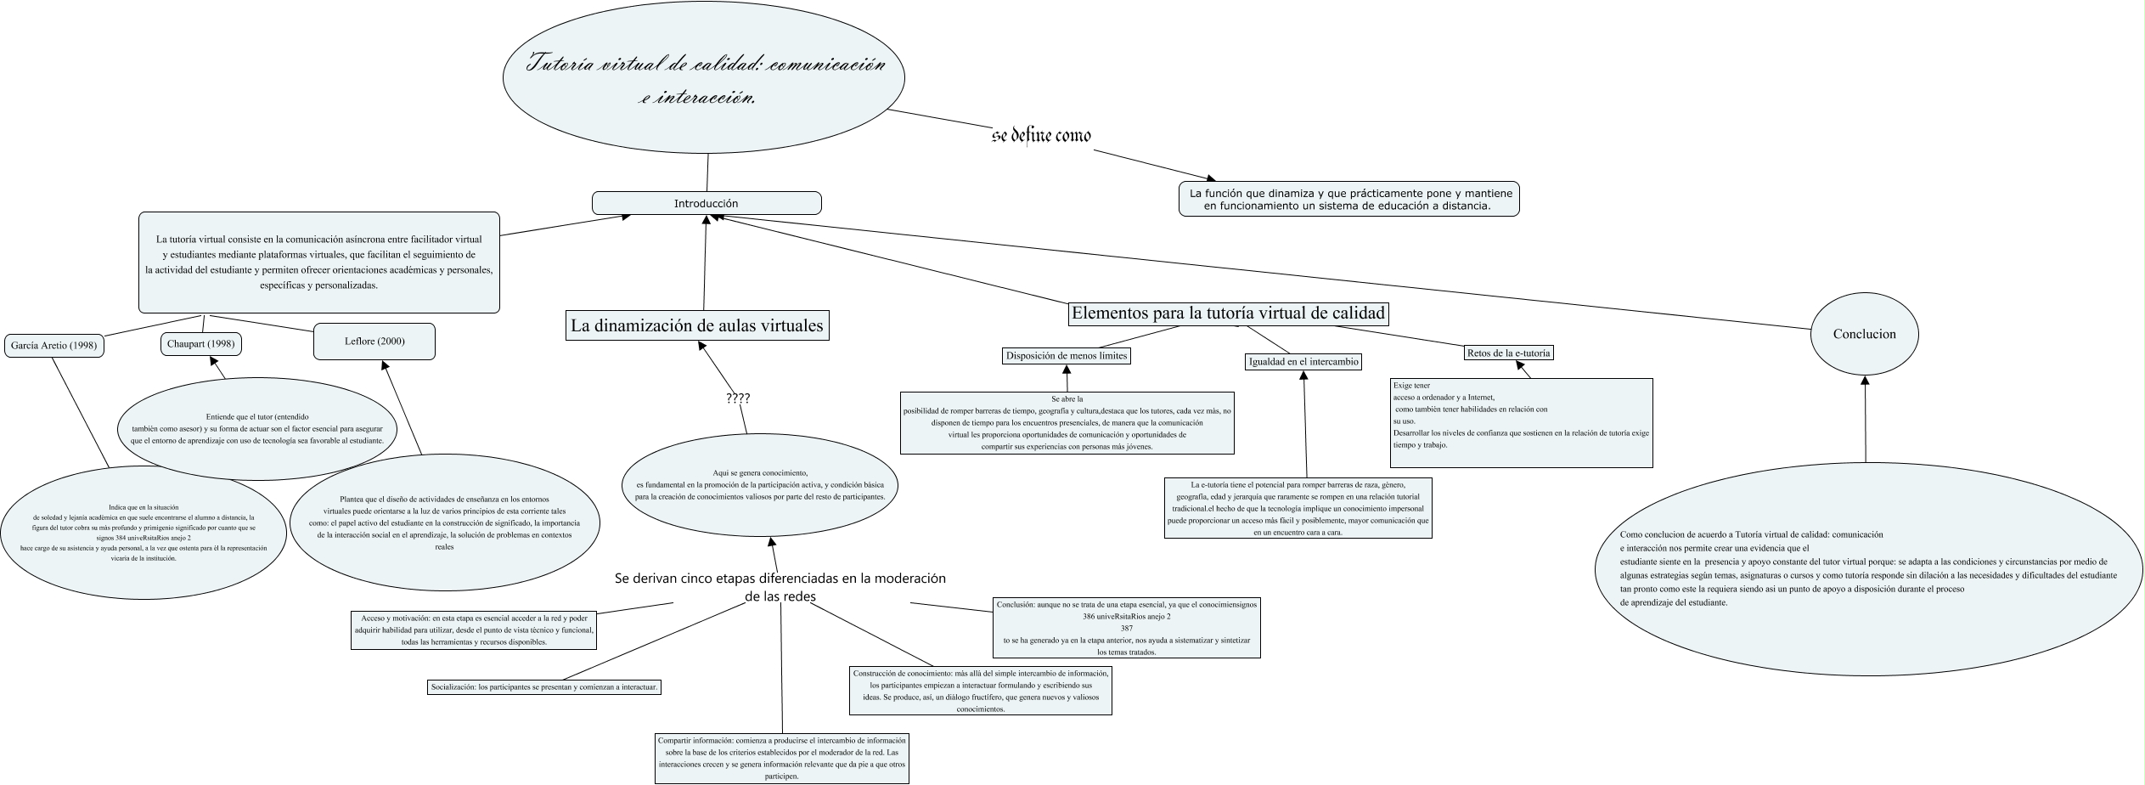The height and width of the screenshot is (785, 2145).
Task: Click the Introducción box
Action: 706,203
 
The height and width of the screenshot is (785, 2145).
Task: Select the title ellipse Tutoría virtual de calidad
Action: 704,77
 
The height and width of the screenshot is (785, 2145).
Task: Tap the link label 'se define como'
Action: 1041,136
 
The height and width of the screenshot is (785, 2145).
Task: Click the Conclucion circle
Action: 1864,334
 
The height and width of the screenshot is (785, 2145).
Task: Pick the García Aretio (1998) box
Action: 53,346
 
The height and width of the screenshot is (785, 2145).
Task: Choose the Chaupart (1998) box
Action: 200,344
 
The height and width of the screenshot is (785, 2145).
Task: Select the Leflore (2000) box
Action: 374,342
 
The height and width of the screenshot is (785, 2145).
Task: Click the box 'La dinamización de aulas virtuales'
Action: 696,325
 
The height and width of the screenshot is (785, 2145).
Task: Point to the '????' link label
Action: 738,398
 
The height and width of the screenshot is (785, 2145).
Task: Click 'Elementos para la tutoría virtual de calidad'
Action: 1228,313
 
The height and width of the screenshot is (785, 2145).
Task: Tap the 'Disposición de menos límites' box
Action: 1066,356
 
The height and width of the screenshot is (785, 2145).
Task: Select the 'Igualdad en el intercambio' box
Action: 1303,362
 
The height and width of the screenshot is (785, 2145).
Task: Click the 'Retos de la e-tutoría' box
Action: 1508,353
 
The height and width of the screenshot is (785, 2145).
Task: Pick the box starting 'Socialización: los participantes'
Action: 544,686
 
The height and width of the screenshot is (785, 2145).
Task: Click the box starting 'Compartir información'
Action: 782,758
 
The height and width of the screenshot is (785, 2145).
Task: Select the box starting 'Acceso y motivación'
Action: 474,630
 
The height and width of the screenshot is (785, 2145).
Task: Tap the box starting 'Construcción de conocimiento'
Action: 980,690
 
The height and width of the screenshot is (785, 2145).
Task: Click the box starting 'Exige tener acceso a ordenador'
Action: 1520,422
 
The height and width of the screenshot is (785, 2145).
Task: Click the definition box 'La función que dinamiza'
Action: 1348,200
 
